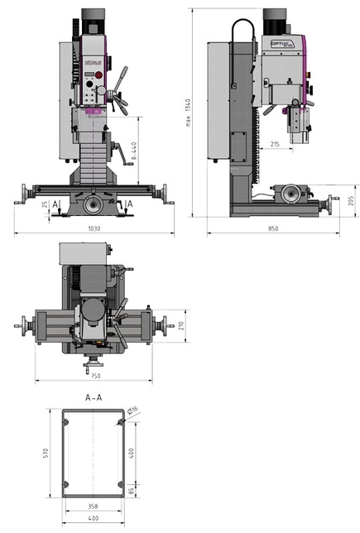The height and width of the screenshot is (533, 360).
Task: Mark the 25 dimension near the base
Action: tap(44, 204)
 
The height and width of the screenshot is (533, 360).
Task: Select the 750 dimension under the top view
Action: tap(95, 376)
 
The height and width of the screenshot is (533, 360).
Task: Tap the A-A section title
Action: tap(94, 397)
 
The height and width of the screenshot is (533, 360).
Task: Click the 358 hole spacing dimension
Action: tap(94, 504)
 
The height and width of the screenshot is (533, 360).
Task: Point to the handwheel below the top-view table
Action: tap(94, 362)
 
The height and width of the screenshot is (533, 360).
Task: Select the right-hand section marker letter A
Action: tap(131, 203)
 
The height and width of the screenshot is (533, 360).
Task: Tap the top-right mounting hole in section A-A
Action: tap(122, 424)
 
